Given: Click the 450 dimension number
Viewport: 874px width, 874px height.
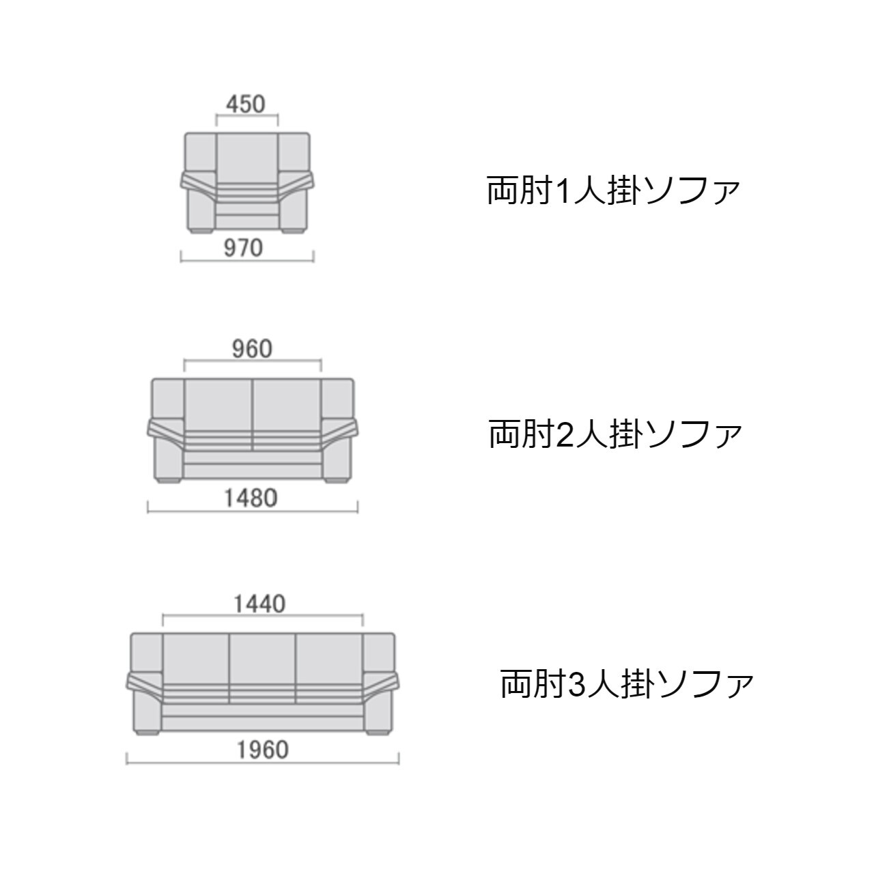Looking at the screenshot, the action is point(246,104).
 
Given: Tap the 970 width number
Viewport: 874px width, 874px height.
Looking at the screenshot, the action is point(244,248).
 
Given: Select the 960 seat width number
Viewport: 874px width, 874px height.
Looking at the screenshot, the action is point(252,349).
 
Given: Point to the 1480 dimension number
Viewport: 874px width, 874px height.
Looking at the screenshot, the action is point(251,498).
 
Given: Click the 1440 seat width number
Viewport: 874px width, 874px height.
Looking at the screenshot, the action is point(259,604).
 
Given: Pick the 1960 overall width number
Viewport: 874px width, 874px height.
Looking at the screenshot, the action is point(263,750).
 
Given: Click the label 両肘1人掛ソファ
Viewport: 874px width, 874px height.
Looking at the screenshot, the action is point(613,191).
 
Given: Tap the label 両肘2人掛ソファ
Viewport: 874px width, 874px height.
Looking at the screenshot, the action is point(615,434).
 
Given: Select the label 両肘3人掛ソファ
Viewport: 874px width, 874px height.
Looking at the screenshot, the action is point(627,684).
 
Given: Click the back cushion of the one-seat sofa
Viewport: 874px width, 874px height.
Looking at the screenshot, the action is point(247,158).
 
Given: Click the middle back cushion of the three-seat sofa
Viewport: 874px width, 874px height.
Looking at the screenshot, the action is point(263,659).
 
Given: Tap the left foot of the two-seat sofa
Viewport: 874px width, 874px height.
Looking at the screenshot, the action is point(169,480).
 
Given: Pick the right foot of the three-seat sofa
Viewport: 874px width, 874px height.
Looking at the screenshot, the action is point(378,733).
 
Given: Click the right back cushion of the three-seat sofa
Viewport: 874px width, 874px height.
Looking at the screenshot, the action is point(329,659).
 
